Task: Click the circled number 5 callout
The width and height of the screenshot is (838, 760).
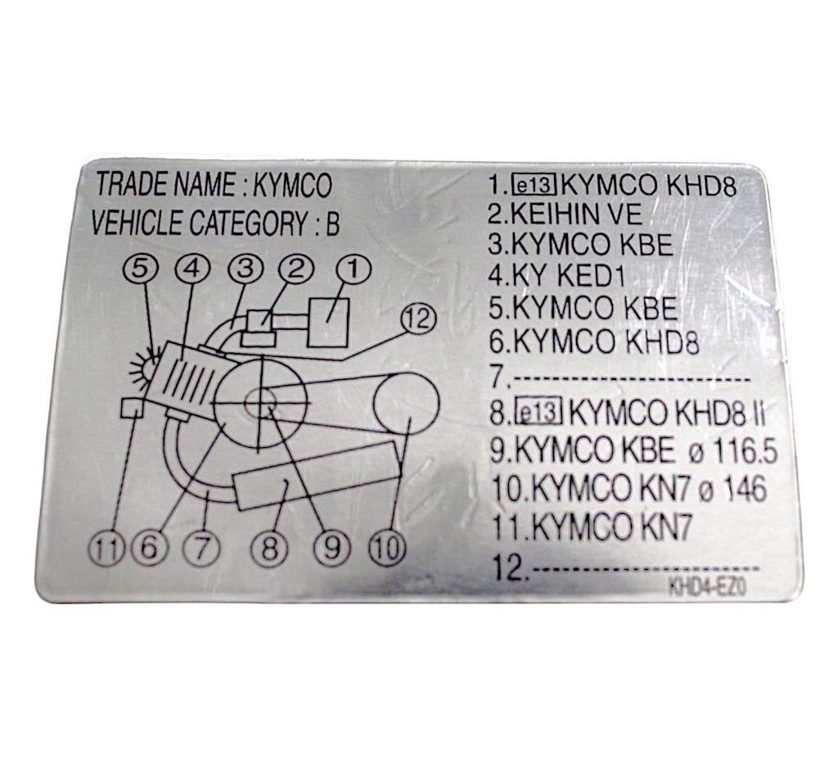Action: coord(141,268)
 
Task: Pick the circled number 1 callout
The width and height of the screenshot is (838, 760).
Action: coord(353,268)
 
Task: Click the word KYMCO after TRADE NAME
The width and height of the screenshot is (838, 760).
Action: coord(293,187)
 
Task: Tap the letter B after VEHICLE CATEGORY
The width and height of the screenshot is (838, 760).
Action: coord(332,224)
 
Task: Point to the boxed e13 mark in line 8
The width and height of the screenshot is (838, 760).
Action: coord(538,414)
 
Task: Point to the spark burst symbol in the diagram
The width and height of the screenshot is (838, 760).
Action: coord(144,364)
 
